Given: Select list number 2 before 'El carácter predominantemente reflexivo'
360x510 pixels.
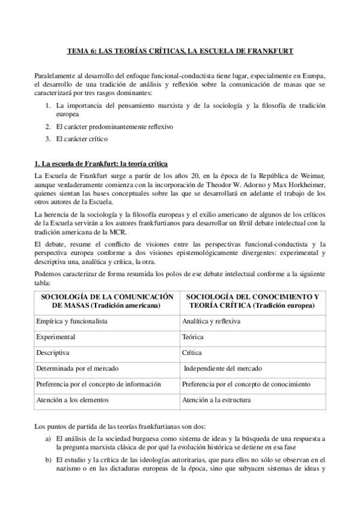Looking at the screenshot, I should pos(48,126).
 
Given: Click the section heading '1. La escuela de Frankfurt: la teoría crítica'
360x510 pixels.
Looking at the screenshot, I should pos(100,164).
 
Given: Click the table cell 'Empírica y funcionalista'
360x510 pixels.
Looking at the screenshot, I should pos(72,321).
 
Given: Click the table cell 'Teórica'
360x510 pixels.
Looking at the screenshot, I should pos(194,337).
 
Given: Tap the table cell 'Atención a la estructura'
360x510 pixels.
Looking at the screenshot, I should pos(216,399).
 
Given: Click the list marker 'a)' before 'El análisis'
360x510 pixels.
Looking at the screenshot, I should pos(48,439).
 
